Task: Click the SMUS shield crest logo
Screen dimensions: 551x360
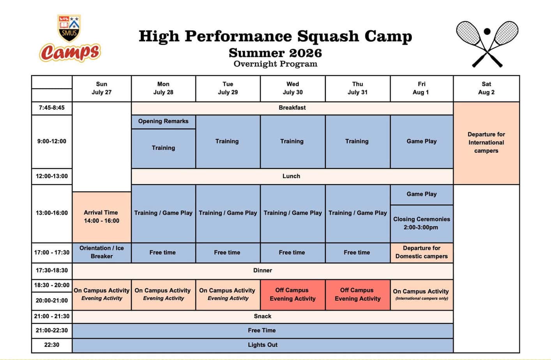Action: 69,28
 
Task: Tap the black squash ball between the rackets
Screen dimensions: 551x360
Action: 487,32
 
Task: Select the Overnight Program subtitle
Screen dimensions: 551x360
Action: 275,64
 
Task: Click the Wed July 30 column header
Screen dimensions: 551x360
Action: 293,88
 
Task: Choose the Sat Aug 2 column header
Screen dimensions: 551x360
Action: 486,88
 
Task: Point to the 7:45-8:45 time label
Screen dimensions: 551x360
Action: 52,108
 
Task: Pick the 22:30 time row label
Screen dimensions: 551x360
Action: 52,345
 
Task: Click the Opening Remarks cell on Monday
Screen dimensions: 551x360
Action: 163,122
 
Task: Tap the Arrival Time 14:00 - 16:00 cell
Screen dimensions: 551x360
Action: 102,217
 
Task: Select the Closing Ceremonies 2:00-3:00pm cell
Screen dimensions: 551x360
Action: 422,223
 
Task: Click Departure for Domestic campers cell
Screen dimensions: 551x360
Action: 422,252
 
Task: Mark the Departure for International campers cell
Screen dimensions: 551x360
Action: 486,143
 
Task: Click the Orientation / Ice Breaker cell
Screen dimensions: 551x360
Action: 102,252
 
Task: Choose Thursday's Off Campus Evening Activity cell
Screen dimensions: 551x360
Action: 358,295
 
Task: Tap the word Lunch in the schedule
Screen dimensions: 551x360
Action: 291,176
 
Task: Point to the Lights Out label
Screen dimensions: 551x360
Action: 263,345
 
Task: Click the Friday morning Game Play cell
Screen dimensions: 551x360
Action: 422,142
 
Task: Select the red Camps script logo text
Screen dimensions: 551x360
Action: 70,52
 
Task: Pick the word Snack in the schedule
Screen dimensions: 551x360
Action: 263,316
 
